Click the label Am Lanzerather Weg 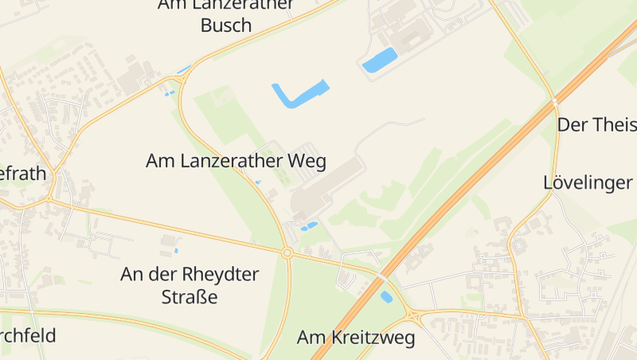236,161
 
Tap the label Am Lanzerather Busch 226,15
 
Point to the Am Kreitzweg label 356,338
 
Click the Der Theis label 596,125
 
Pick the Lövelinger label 588,182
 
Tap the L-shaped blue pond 299,94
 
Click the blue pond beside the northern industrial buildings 380,60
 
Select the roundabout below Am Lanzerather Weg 287,253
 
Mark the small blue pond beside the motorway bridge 387,297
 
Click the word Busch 226,25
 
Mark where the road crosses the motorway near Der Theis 555,102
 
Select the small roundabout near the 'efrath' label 49,199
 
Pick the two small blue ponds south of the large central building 307,227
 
